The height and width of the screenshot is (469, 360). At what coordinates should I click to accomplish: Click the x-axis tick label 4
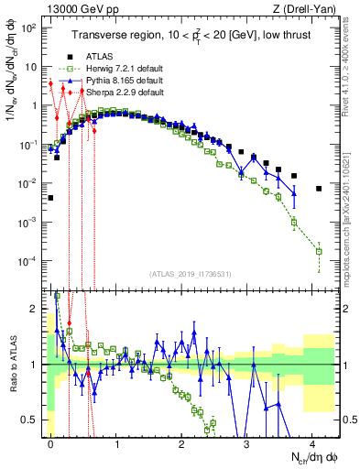pyautogui.click(x=312, y=441)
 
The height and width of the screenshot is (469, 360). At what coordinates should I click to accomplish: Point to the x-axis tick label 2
pyautogui.click(x=181, y=441)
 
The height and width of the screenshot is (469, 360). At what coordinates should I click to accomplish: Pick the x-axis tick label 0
pyautogui.click(x=50, y=441)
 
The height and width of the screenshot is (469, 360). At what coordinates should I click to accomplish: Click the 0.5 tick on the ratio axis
pyautogui.click(x=31, y=420)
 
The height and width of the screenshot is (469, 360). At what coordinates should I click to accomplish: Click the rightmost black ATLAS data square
pyautogui.click(x=319, y=189)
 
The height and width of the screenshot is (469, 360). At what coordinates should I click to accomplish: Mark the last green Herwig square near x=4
pyautogui.click(x=319, y=251)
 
